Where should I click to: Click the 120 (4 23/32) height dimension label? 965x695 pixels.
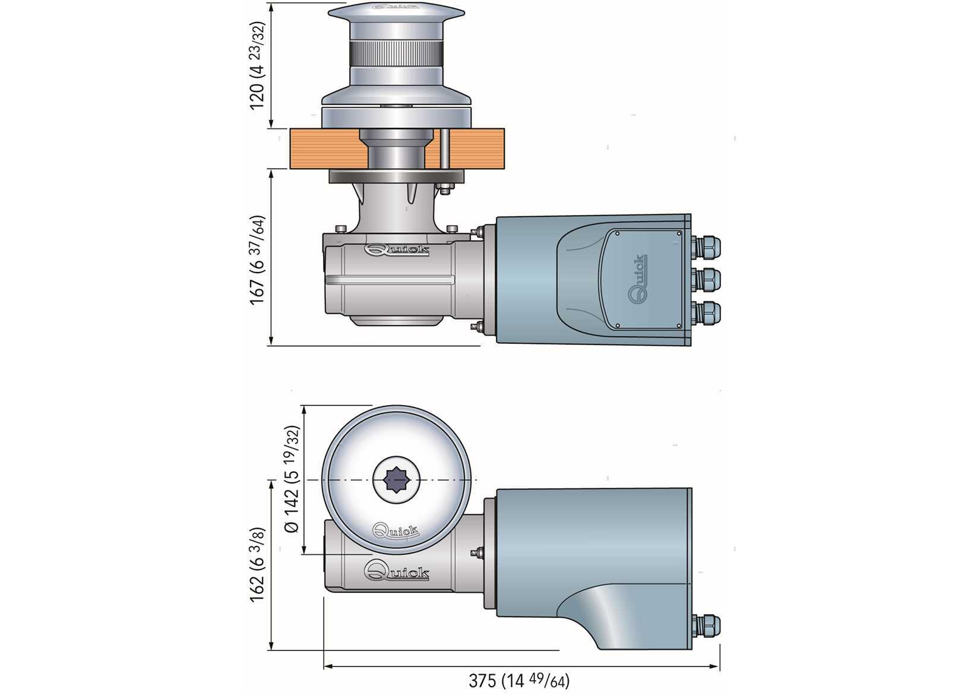tap(257, 66)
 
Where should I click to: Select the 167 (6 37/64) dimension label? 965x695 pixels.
tap(257, 260)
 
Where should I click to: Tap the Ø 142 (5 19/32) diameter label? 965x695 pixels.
tap(292, 479)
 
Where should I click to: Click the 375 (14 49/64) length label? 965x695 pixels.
tap(518, 681)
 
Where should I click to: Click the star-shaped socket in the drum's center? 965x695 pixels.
tap(396, 479)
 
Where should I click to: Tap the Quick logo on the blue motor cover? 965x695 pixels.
tap(638, 277)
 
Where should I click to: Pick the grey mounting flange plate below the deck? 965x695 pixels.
tap(397, 177)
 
